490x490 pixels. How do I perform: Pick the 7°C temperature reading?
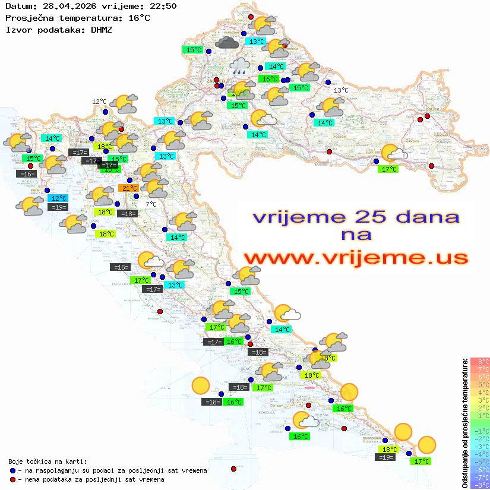point(151,204)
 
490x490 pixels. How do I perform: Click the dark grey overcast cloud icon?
point(227,42)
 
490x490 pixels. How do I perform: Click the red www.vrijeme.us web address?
point(355,258)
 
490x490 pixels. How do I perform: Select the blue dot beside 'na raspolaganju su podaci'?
point(13,470)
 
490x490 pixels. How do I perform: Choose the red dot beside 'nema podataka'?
point(13,479)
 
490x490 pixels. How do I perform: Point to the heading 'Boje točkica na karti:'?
point(48,461)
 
